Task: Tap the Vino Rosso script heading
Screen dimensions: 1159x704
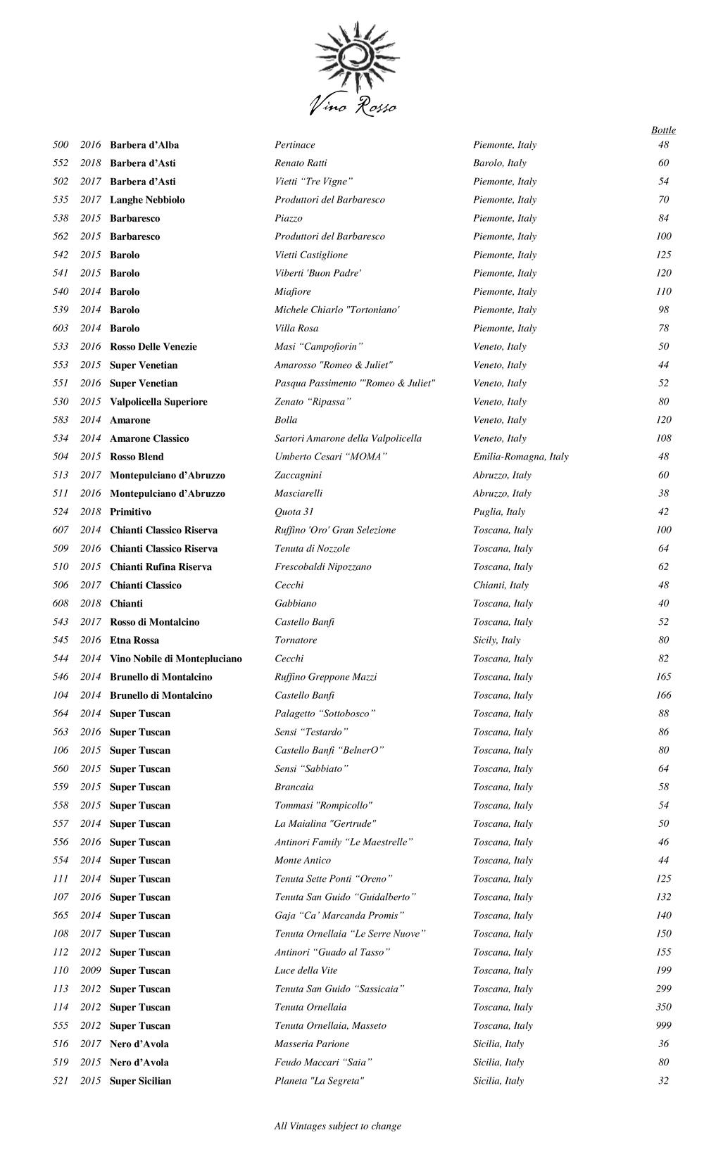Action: tap(353, 106)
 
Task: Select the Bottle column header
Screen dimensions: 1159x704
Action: tap(663, 130)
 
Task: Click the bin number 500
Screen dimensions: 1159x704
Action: tap(61, 145)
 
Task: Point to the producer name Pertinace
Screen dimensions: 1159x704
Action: tap(295, 145)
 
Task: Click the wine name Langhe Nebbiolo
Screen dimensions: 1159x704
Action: tap(147, 200)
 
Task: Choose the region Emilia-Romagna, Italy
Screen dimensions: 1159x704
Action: tap(520, 457)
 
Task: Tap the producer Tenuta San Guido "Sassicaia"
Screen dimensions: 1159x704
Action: tap(339, 989)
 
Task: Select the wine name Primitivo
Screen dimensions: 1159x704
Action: tap(130, 512)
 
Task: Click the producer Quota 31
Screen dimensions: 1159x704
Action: tap(294, 512)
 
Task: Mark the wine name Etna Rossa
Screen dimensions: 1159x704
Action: tap(134, 640)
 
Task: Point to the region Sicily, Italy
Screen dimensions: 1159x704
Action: tap(496, 640)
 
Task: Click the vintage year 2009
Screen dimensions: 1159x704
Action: tap(90, 970)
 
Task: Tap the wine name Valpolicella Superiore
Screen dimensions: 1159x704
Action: tap(158, 402)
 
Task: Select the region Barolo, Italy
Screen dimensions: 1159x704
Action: tap(499, 163)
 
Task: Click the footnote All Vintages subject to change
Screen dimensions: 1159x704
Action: tap(338, 1126)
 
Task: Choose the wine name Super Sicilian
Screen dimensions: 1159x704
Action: tap(140, 1081)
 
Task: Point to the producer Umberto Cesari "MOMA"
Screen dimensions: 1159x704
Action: tap(331, 457)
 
